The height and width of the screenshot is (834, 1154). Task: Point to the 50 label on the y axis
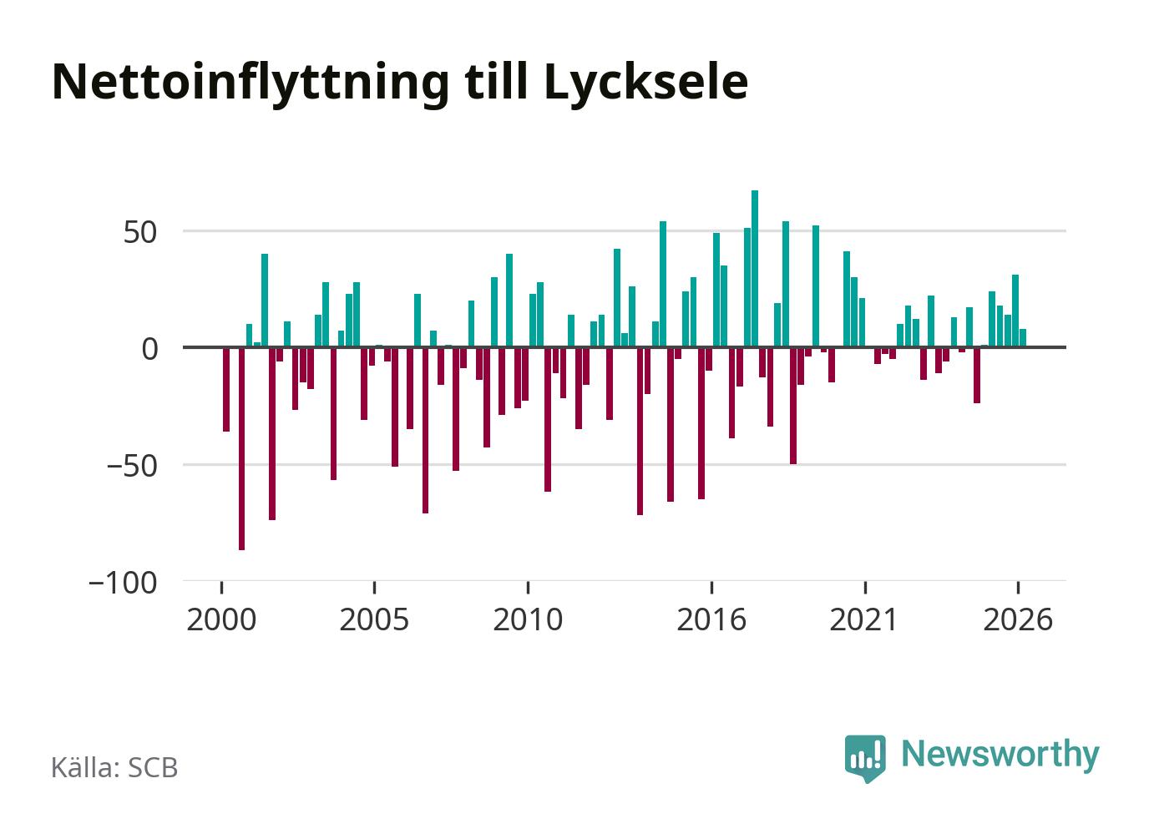point(140,233)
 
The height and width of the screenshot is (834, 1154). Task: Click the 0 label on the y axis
point(149,350)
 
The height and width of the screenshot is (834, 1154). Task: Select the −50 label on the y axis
point(132,467)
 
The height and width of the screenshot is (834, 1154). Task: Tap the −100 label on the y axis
point(123,583)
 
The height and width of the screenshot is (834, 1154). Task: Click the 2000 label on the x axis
point(221,619)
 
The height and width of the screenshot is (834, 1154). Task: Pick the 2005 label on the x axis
point(375,619)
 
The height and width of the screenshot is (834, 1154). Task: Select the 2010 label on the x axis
point(528,619)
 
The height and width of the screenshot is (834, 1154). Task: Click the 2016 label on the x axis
point(711,619)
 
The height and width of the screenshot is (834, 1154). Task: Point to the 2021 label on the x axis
point(864,619)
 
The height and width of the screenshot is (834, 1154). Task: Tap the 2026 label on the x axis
point(1018,619)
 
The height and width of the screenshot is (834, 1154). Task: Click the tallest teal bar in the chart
point(755,268)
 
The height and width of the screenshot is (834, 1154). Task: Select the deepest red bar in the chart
point(241,449)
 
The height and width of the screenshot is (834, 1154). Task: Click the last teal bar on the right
point(1023,337)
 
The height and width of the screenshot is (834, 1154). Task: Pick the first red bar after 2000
point(226,390)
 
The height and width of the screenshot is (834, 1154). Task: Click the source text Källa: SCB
point(114,767)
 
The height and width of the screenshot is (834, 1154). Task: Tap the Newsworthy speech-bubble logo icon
point(865,758)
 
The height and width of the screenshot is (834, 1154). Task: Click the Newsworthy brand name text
point(1000,756)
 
